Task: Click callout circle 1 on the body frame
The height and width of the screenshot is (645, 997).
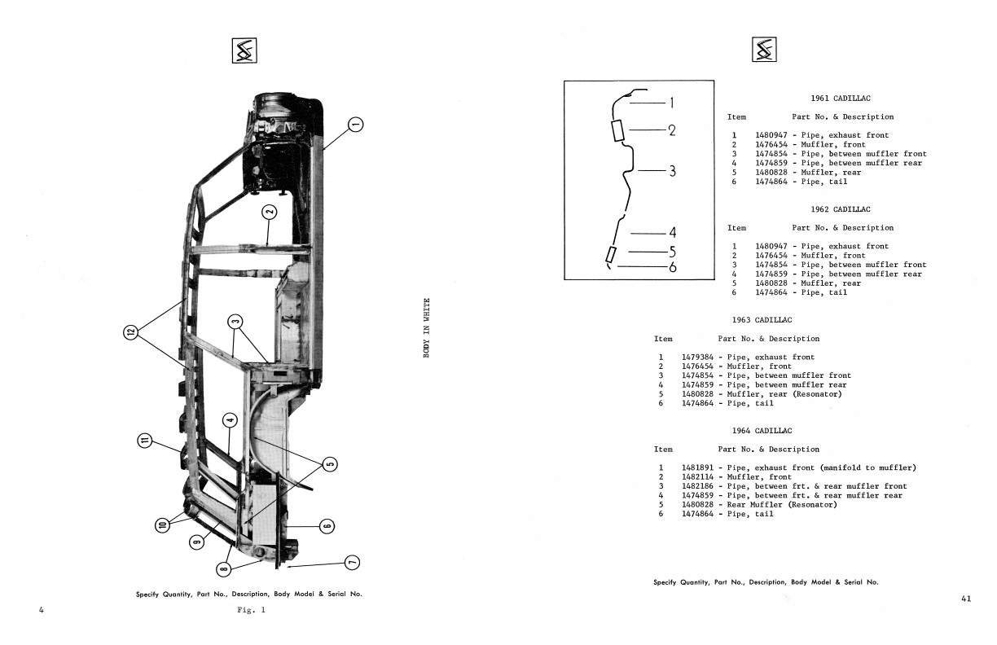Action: click(x=355, y=125)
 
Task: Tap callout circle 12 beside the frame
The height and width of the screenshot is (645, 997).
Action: click(x=131, y=332)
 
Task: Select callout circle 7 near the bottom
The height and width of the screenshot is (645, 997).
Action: click(x=352, y=563)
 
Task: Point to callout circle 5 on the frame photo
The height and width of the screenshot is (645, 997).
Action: click(x=330, y=464)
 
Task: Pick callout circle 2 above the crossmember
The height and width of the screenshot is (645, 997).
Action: click(x=269, y=213)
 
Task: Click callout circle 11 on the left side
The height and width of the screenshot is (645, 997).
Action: click(x=144, y=441)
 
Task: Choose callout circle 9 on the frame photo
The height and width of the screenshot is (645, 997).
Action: click(x=197, y=542)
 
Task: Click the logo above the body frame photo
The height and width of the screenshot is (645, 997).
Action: click(x=244, y=50)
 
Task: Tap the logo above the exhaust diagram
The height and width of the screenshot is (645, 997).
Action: click(x=764, y=49)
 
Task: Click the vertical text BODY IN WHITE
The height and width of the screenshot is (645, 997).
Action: click(x=426, y=327)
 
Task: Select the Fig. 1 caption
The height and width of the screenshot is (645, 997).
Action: click(x=251, y=610)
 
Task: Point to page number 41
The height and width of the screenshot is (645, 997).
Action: click(x=966, y=599)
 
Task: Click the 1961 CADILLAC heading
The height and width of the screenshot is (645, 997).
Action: click(x=841, y=99)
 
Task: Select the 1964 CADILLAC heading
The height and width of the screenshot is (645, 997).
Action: click(x=762, y=431)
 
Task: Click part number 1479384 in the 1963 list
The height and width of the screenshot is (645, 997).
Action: click(x=697, y=357)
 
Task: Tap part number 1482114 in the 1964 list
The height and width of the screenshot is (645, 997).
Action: click(x=697, y=476)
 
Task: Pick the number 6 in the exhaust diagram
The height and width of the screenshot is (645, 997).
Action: click(x=673, y=267)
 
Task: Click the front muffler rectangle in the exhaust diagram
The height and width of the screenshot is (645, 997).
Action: click(x=617, y=130)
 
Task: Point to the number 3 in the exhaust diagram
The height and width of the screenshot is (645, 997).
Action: click(x=672, y=171)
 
